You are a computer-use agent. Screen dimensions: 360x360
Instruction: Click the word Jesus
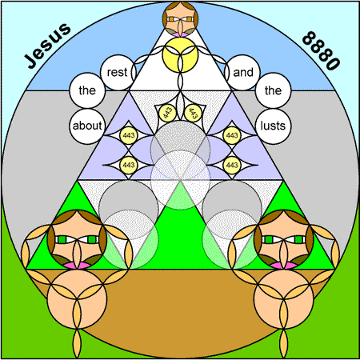47,46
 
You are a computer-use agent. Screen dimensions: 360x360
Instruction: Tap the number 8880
322,50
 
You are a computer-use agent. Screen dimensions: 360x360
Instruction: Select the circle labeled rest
118,73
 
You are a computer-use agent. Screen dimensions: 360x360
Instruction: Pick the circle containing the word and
242,73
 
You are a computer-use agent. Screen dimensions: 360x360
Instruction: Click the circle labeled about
87,126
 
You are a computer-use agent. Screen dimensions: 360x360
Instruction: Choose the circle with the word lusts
274,126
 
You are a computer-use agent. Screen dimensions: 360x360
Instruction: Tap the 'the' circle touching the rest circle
87,90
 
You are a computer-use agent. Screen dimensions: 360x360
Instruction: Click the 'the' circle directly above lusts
274,90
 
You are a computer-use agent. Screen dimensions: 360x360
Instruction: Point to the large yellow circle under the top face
180,55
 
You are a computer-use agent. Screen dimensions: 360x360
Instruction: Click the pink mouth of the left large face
77,265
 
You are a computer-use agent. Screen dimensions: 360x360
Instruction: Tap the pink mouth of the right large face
284,265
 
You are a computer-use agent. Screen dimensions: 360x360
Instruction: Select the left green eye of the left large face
62,239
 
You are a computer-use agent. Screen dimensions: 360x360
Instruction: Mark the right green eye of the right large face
298,239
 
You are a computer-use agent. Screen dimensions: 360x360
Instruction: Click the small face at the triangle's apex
180,19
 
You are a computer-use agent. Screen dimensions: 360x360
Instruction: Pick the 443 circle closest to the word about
129,135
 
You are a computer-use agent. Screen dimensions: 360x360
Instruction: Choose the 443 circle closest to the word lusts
232,135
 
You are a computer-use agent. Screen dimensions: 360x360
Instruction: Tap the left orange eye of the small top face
171,19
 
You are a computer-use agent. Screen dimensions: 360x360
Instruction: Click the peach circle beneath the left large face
77,299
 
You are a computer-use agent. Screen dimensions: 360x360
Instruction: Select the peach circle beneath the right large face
284,299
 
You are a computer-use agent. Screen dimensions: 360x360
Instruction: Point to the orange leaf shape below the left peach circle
77,343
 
